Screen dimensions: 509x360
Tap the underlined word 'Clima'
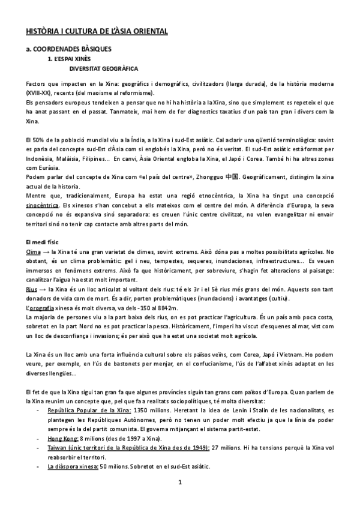(x=35, y=250)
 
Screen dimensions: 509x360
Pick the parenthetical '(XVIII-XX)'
(x=39, y=93)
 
